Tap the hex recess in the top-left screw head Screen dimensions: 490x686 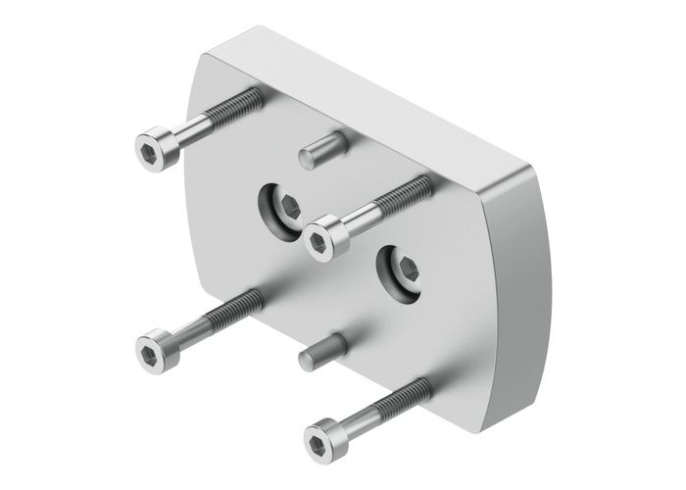pyautogui.click(x=148, y=148)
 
